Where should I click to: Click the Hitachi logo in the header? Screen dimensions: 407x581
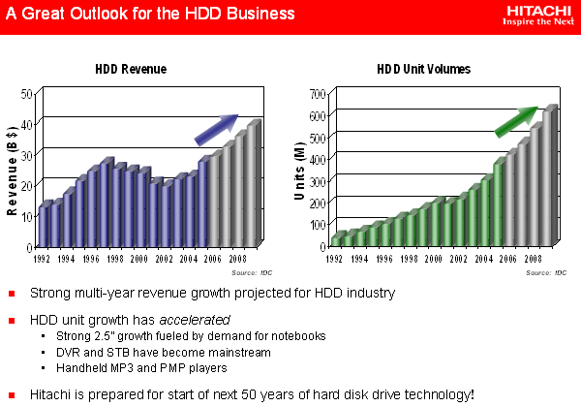(x=538, y=15)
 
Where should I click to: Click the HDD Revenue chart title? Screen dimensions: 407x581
(x=131, y=70)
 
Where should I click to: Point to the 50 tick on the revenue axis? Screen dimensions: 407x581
(x=27, y=94)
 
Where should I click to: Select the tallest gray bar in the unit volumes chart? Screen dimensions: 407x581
(x=550, y=174)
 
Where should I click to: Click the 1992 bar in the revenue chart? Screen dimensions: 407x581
(x=42, y=225)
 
